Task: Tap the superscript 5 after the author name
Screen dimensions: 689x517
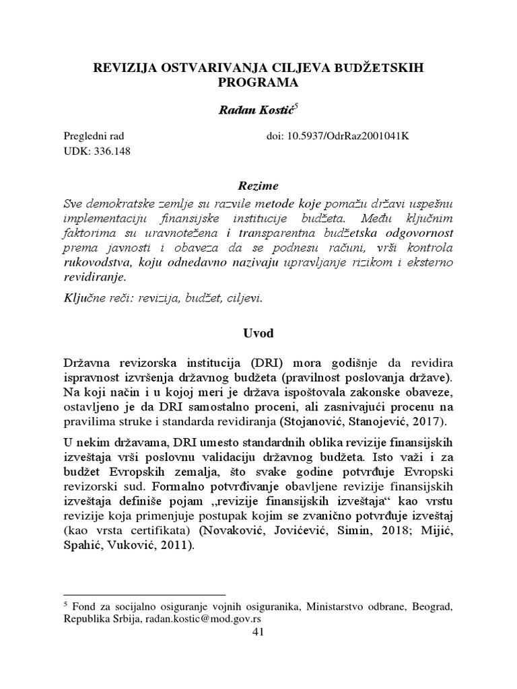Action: [x=291, y=106]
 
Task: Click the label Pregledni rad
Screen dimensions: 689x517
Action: [x=93, y=135]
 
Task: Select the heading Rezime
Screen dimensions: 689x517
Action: [x=258, y=185]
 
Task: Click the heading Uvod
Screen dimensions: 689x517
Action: [x=258, y=332]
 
